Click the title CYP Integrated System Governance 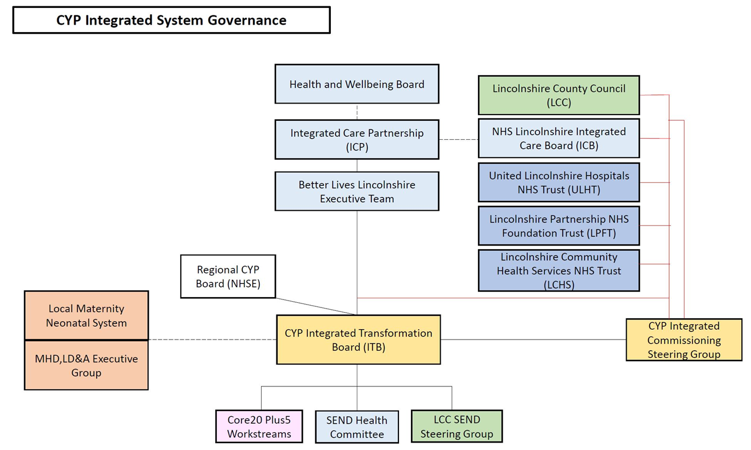(x=171, y=20)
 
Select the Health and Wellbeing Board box (x=357, y=84)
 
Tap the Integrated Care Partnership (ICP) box (x=357, y=140)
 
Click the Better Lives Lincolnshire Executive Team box (x=357, y=191)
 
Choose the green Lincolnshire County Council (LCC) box (x=559, y=96)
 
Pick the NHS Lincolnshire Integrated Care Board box (x=559, y=138)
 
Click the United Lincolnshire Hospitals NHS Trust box (x=559, y=182)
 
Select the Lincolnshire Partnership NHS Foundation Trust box (x=559, y=226)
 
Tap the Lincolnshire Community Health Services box (x=559, y=270)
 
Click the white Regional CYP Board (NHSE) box (x=228, y=277)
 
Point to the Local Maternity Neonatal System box (x=86, y=315)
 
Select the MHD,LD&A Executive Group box (x=86, y=365)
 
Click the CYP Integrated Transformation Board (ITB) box (x=358, y=340)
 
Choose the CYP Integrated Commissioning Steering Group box (x=683, y=340)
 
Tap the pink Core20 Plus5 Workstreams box (x=259, y=427)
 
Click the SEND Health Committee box (x=357, y=427)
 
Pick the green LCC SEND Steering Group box (x=456, y=427)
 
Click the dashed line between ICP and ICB (x=458, y=139)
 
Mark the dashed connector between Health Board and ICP (x=357, y=112)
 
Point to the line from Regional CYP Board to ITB (x=315, y=306)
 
